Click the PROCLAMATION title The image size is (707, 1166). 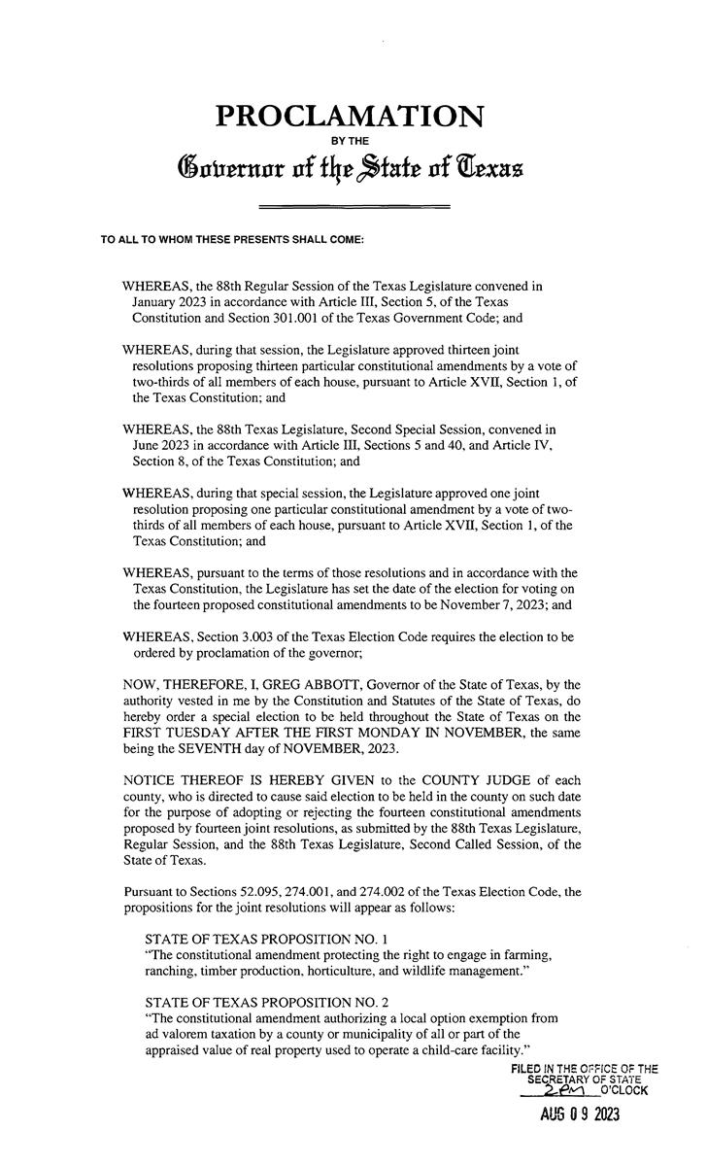click(350, 118)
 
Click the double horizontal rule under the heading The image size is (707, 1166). click(353, 207)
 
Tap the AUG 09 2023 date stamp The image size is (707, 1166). click(579, 1115)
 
